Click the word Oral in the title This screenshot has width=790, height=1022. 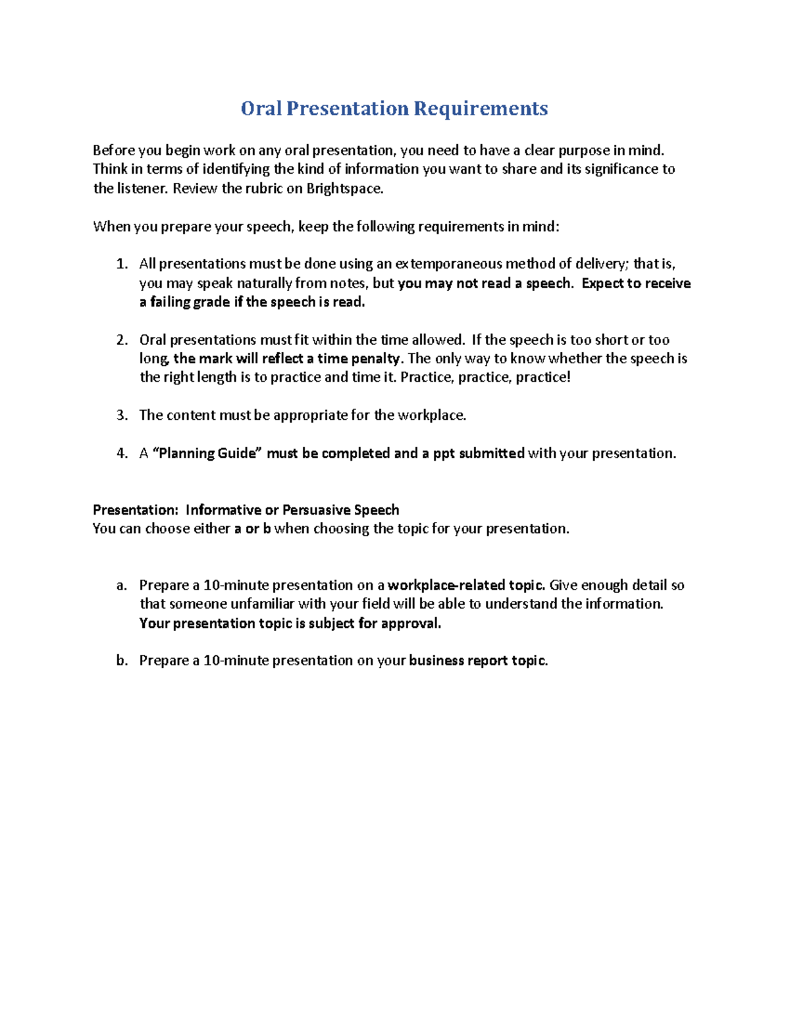pyautogui.click(x=261, y=109)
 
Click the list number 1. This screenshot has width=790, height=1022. pyautogui.click(x=120, y=265)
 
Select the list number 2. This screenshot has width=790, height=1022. pyautogui.click(x=120, y=340)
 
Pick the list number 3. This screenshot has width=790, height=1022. pyautogui.click(x=120, y=415)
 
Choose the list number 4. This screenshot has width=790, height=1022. pyautogui.click(x=120, y=453)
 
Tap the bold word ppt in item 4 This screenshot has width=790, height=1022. pyautogui.click(x=444, y=453)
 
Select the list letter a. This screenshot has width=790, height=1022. pyautogui.click(x=120, y=586)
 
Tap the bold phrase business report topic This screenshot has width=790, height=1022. pyautogui.click(x=478, y=661)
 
